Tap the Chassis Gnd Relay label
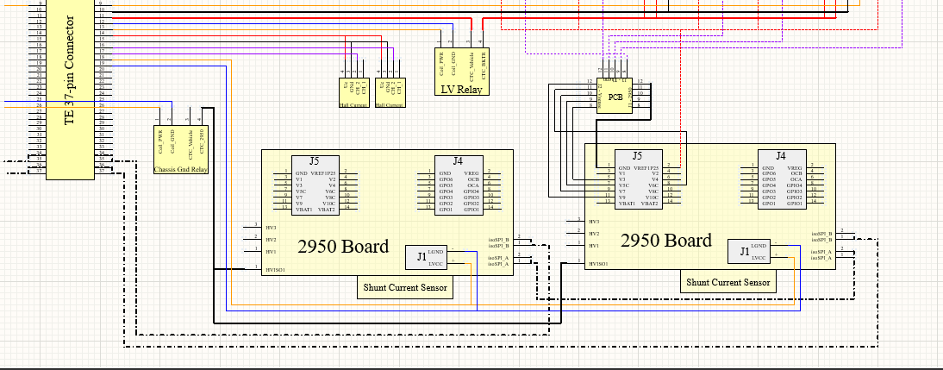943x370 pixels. (181, 170)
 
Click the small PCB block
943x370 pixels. (615, 97)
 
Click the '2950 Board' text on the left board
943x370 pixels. (343, 246)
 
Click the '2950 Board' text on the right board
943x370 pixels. (666, 240)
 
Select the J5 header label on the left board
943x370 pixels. (314, 161)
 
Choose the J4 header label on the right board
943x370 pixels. (780, 155)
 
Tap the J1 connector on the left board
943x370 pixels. (422, 256)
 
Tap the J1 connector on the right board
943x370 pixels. (744, 251)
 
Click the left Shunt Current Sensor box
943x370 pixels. (404, 288)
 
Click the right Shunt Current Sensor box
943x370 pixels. (728, 282)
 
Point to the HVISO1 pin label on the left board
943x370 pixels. (275, 270)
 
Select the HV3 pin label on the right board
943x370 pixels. (593, 222)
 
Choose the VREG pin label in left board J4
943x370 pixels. (473, 172)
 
